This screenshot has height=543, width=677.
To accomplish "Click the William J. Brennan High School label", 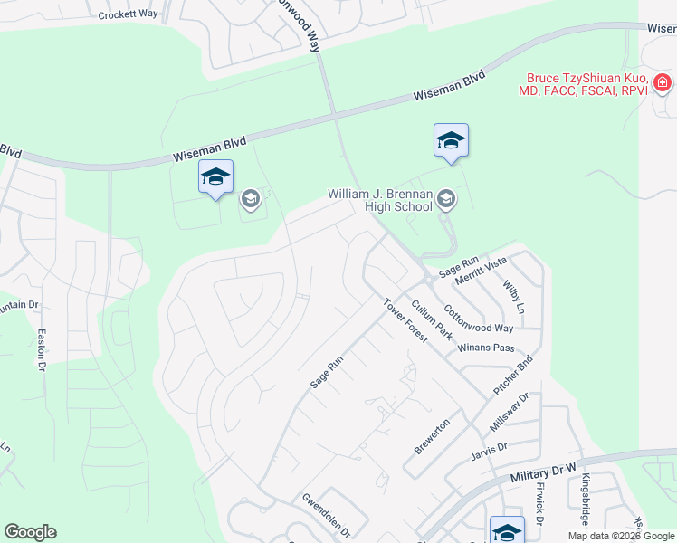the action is click(379, 200).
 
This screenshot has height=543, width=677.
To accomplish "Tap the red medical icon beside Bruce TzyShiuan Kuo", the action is click(663, 84).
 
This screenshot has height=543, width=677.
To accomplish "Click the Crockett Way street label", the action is click(128, 15).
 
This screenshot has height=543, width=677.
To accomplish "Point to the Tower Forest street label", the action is click(404, 319).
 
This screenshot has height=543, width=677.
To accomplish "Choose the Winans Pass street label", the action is click(486, 348).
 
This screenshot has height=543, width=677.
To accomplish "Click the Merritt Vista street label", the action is click(481, 269).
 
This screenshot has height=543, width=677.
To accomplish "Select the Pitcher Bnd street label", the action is click(513, 374).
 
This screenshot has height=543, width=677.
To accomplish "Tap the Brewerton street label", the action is click(432, 436).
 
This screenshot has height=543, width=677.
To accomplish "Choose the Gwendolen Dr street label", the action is click(326, 514).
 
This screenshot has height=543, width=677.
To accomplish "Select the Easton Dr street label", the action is click(41, 350).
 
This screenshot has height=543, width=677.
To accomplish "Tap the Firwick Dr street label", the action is click(539, 503).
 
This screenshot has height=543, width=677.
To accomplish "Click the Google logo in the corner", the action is click(30, 532).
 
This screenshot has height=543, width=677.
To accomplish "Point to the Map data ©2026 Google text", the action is click(620, 536).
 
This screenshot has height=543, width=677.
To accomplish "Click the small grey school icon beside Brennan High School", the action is click(445, 198).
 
